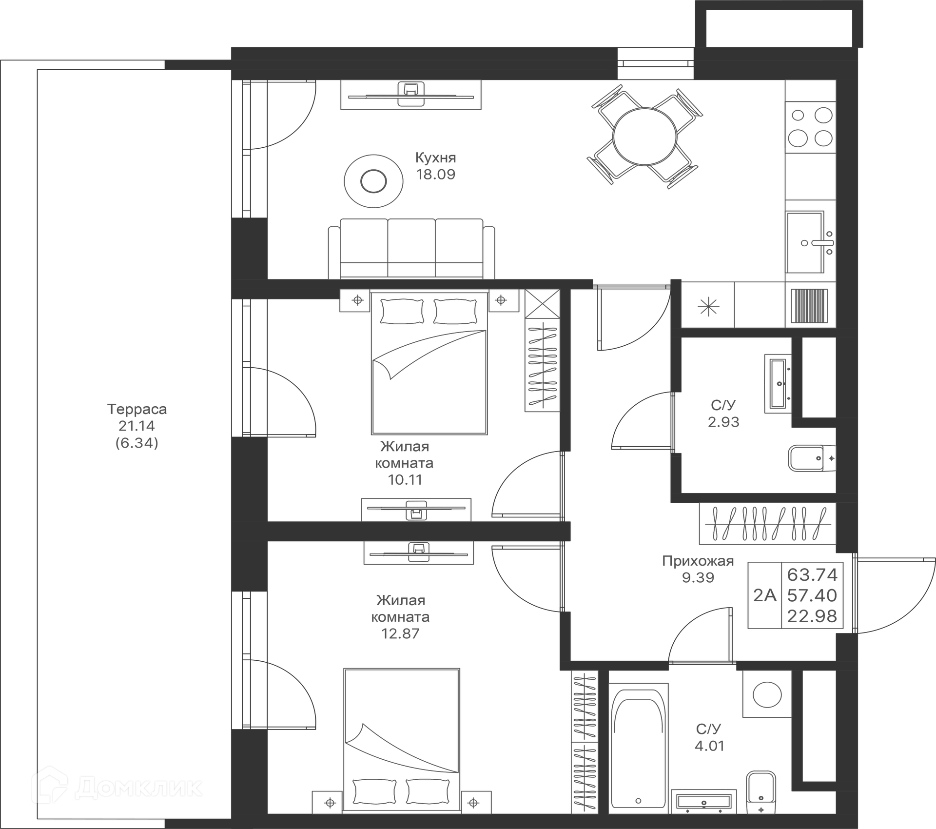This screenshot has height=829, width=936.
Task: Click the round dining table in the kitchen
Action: [x=644, y=137]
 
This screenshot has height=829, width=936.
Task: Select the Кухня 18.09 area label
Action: [x=435, y=166]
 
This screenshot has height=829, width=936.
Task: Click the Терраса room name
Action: [x=137, y=409]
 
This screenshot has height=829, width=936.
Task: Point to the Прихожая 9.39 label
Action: [x=698, y=569]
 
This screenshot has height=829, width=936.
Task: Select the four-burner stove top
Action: [x=810, y=127]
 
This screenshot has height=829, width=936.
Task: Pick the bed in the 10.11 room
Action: [x=429, y=363]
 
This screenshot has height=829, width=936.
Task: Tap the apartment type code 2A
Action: [x=764, y=595]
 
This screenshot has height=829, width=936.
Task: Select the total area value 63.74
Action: [x=812, y=575]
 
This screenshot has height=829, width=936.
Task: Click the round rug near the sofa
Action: [x=373, y=181]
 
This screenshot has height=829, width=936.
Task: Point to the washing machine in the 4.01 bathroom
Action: [x=767, y=694]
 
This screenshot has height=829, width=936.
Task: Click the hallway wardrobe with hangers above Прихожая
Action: [x=767, y=524]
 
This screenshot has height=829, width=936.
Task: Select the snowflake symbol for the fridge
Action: [x=708, y=306]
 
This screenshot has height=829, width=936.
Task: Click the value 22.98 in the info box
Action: [x=812, y=616]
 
